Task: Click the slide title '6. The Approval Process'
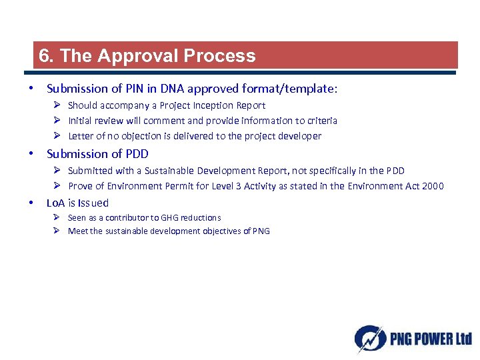(x=147, y=56)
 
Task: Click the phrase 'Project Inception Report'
(x=213, y=105)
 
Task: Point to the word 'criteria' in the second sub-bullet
(x=321, y=121)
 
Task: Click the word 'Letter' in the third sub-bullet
(x=81, y=136)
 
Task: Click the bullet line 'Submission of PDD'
(x=97, y=154)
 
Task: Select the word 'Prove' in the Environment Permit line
(x=81, y=186)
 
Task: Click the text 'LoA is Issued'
(x=77, y=203)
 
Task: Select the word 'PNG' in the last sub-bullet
(x=261, y=231)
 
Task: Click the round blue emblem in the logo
(x=369, y=338)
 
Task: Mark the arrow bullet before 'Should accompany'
(x=58, y=105)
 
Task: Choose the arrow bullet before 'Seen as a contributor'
(x=58, y=218)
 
